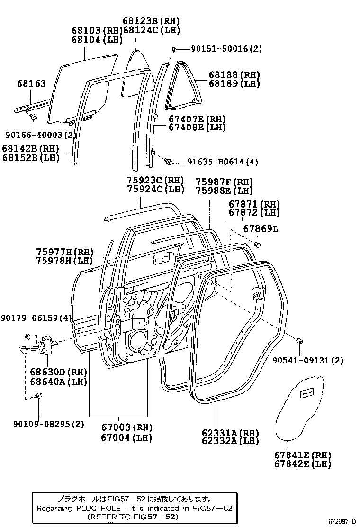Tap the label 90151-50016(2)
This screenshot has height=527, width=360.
point(226,49)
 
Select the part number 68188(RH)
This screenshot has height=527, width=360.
point(234,75)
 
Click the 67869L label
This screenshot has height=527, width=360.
point(261,229)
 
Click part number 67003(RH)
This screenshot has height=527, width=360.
point(126,427)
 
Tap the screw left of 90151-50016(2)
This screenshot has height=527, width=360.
point(174,49)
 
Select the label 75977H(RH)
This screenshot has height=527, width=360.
point(65,252)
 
